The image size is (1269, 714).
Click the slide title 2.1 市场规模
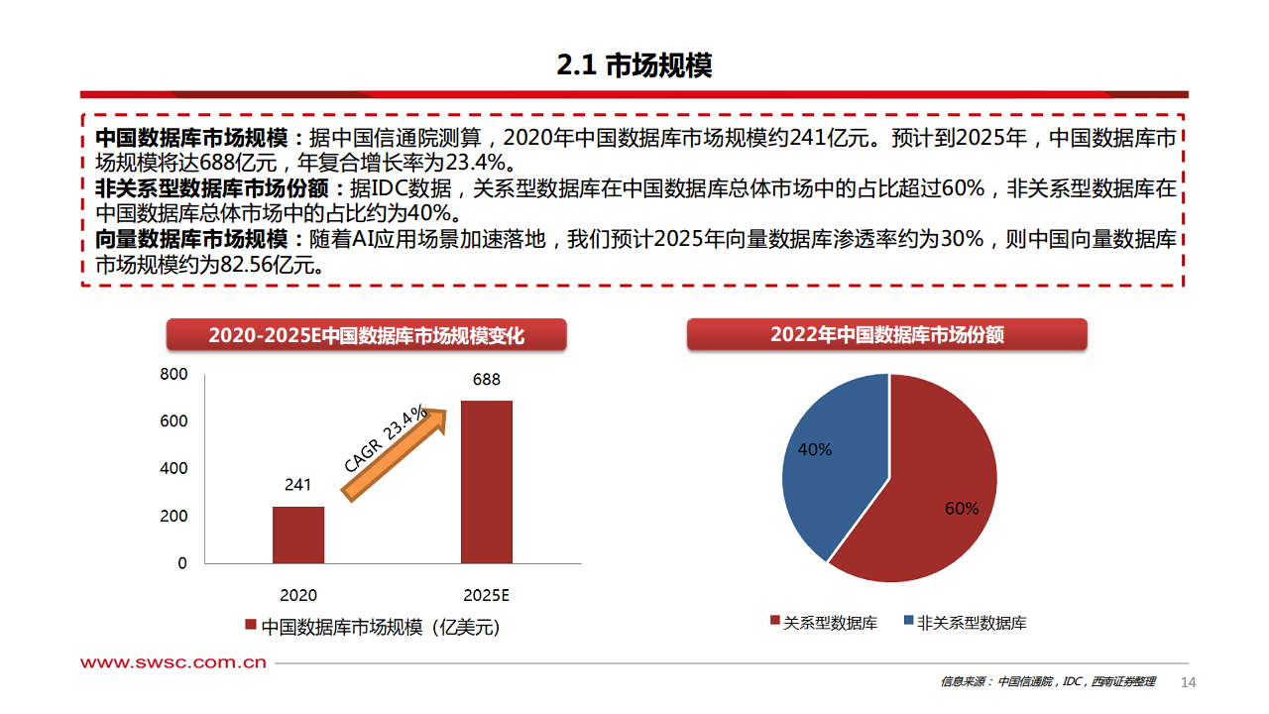[x=634, y=65]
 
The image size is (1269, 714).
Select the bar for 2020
[x=298, y=535]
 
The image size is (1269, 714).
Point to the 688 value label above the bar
[x=487, y=380]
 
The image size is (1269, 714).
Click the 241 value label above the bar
[x=297, y=485]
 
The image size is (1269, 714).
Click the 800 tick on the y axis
[x=173, y=374]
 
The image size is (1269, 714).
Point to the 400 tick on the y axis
[x=173, y=468]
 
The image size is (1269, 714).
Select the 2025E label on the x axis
[x=486, y=595]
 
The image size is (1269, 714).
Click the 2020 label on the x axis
[x=298, y=595]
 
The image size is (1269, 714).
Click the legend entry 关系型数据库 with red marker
[x=824, y=623]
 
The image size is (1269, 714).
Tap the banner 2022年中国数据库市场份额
[x=887, y=334]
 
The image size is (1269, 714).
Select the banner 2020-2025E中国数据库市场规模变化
[x=366, y=335]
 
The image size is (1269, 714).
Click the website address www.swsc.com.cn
[x=173, y=662]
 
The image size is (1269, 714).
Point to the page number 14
[x=1189, y=682]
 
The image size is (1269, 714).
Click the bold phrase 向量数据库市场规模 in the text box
[x=190, y=240]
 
